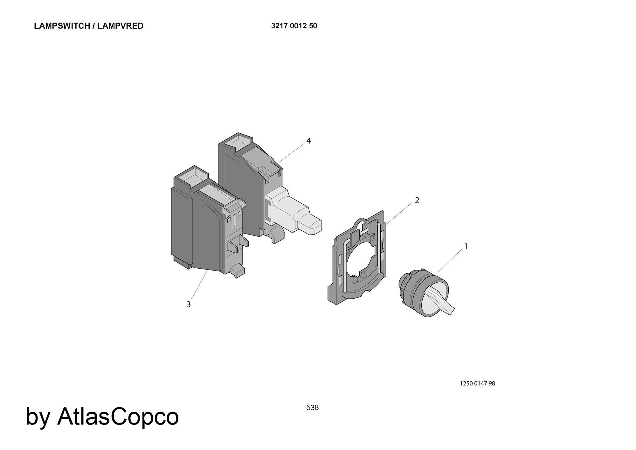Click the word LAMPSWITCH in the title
62,26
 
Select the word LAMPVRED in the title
120,26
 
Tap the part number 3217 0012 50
294,26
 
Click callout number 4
308,141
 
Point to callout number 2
417,200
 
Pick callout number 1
466,246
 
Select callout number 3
189,305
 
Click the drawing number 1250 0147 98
477,383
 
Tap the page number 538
312,407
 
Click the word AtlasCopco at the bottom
118,416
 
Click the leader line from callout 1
450,261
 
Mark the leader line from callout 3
199,285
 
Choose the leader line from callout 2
400,214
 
